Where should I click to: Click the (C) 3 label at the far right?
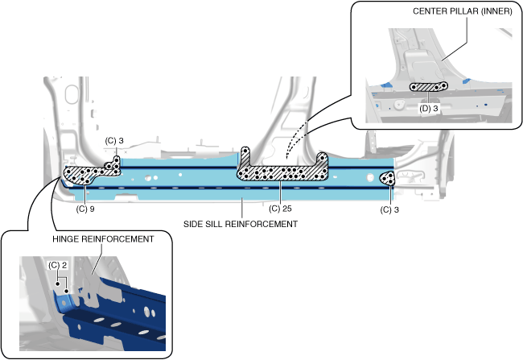tap(391, 209)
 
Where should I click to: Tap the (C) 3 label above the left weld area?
tap(115, 141)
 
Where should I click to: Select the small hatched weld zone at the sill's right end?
tap(388, 178)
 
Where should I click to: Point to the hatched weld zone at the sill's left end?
tap(84, 172)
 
